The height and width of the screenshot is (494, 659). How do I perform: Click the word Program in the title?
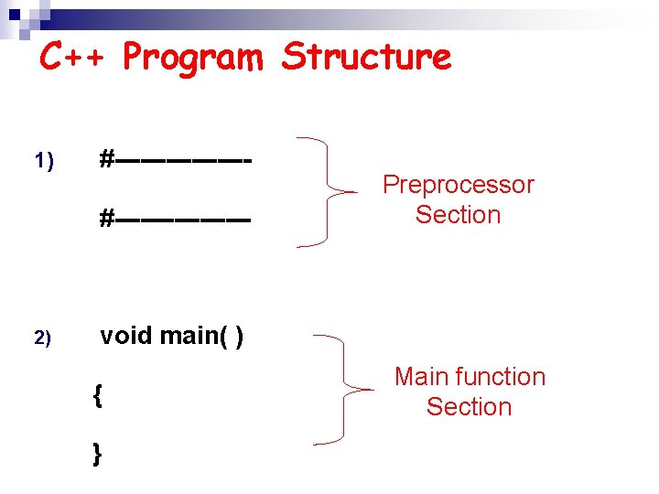coord(192,58)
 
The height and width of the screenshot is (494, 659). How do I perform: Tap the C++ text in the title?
coord(76,57)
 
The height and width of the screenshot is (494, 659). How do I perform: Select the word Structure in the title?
coord(367,57)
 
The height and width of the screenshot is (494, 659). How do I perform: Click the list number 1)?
coord(44,162)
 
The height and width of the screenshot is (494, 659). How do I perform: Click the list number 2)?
coord(44,338)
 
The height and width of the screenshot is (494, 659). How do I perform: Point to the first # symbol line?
coord(175,160)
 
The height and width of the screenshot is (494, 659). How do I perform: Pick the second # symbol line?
coord(175,220)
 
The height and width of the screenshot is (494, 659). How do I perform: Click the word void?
coord(126,336)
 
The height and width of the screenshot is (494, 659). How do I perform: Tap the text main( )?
coord(202,337)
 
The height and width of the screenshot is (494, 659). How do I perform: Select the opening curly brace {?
coord(97,396)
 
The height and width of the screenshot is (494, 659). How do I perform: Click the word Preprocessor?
coord(458,185)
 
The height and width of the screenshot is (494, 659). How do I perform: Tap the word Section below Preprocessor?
coord(458,215)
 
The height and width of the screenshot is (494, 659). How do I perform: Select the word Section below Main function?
coord(469,406)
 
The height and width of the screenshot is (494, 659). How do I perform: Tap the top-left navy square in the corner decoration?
coord(9,9)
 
